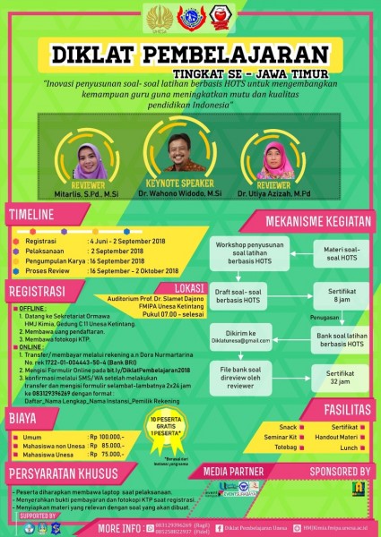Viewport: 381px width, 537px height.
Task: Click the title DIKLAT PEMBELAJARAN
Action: [190, 51]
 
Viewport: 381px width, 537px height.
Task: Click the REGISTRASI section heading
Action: [39, 291]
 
